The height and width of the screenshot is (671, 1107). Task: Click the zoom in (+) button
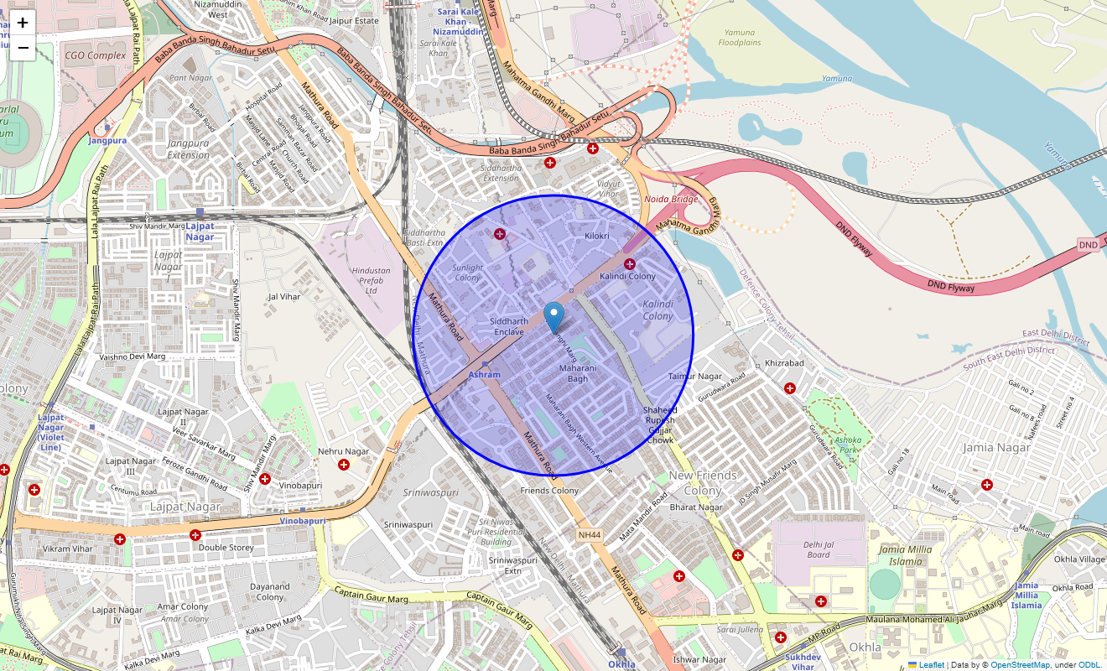click(23, 23)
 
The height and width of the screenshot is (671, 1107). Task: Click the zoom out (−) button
click(23, 48)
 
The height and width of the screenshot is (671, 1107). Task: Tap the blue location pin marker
click(553, 318)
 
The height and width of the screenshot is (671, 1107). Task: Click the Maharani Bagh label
click(578, 373)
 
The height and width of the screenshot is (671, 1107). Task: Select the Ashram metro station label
click(485, 374)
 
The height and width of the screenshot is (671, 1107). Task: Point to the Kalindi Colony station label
click(627, 276)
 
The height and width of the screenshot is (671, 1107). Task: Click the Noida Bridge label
click(671, 200)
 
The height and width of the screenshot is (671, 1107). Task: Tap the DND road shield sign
click(1088, 245)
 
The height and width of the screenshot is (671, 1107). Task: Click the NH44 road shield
click(590, 535)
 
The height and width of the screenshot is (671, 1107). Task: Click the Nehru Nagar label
click(344, 451)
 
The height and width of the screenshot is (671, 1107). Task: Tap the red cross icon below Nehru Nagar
click(344, 465)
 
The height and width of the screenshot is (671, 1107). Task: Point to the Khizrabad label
click(784, 363)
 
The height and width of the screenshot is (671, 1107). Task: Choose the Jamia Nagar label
click(995, 447)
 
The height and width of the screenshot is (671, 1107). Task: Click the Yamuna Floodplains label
click(739, 37)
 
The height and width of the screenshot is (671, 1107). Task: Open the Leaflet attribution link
click(931, 665)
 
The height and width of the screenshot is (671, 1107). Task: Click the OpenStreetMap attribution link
click(1020, 665)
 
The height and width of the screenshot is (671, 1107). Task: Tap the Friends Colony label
click(549, 491)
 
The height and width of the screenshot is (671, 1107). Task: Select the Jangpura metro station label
click(107, 140)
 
